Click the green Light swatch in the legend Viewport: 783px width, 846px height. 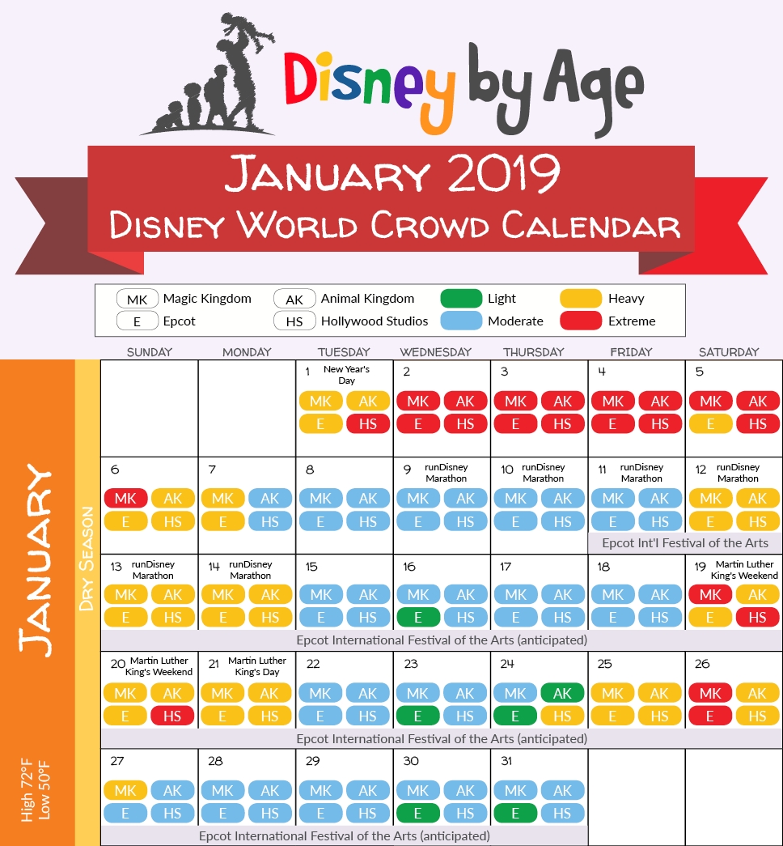(x=461, y=299)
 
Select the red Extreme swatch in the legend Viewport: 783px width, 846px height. (x=581, y=321)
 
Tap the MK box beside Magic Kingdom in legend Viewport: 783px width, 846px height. (x=137, y=299)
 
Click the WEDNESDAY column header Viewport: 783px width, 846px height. (x=436, y=352)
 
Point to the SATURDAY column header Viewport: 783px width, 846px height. (x=729, y=352)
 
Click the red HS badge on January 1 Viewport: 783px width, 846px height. (x=368, y=424)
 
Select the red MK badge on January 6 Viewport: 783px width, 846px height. (x=125, y=498)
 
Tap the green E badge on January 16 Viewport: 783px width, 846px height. (x=418, y=617)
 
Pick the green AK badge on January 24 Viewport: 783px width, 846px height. (x=562, y=693)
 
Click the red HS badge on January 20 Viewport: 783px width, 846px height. (x=172, y=716)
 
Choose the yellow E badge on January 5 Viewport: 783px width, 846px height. (x=710, y=424)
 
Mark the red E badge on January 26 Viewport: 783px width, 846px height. (x=710, y=716)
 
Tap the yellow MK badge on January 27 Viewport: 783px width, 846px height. (x=125, y=790)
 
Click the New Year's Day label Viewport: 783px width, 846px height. (x=346, y=375)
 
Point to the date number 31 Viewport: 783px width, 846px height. (x=506, y=761)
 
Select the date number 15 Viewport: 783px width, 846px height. (x=311, y=567)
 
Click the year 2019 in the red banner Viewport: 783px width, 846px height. (x=503, y=173)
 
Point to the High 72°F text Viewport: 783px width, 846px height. (x=27, y=790)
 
